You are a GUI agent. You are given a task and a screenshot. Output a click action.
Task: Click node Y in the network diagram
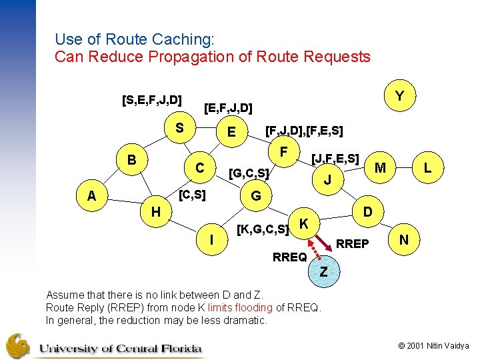[x=398, y=97]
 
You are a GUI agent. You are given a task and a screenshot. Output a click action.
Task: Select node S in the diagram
[x=179, y=127]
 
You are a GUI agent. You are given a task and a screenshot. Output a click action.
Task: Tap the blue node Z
[x=323, y=271]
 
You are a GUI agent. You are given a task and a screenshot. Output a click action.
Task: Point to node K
[x=303, y=223]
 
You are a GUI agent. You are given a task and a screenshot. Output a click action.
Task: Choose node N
[x=403, y=240]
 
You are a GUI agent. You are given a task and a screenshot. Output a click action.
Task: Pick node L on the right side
[x=427, y=170]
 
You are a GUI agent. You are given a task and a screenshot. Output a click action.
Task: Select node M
[x=381, y=167]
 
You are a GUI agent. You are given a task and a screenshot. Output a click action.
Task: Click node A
[x=91, y=196]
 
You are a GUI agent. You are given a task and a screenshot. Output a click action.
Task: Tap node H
[x=155, y=212]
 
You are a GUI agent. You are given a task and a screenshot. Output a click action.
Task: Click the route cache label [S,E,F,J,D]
[x=152, y=101]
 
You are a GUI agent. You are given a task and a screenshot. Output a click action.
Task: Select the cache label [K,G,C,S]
[x=263, y=231]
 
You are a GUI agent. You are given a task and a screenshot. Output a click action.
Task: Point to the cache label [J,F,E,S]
[x=335, y=159]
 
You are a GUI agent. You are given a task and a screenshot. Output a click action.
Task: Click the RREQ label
[x=290, y=257]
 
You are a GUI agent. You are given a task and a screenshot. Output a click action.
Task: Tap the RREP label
[x=352, y=244]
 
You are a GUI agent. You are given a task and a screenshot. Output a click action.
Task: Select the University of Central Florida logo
[x=103, y=346]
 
